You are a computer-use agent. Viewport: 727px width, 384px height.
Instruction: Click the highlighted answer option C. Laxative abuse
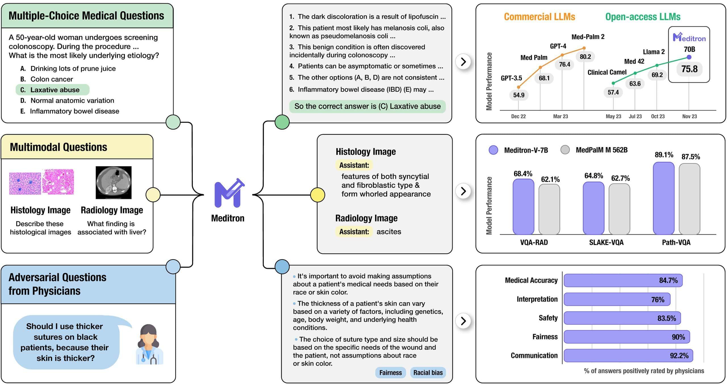click(x=53, y=90)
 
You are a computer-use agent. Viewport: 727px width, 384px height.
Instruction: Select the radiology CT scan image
click(x=114, y=182)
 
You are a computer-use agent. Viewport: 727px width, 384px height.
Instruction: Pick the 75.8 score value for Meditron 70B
click(x=689, y=69)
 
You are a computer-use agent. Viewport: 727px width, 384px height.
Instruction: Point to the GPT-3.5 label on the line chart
click(x=511, y=78)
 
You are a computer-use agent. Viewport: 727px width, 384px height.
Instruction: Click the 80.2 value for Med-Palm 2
click(x=585, y=57)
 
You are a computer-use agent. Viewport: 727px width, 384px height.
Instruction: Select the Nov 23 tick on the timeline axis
click(x=689, y=116)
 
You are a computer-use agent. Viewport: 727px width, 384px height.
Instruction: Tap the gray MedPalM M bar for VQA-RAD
click(x=549, y=209)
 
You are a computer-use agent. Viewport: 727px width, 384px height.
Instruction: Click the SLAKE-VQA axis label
click(x=606, y=243)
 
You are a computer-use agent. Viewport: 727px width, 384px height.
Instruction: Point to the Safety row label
click(x=548, y=318)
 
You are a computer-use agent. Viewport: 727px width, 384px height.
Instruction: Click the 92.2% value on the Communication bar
click(x=679, y=356)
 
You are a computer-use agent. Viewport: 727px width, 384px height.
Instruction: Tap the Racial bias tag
click(x=428, y=373)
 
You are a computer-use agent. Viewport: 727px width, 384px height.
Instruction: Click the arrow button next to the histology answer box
click(x=463, y=191)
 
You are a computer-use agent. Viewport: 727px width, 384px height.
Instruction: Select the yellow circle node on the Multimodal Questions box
click(x=153, y=195)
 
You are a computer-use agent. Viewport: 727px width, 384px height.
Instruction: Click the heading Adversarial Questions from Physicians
click(x=57, y=284)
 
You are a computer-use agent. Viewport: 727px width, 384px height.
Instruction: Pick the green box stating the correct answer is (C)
click(x=367, y=106)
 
